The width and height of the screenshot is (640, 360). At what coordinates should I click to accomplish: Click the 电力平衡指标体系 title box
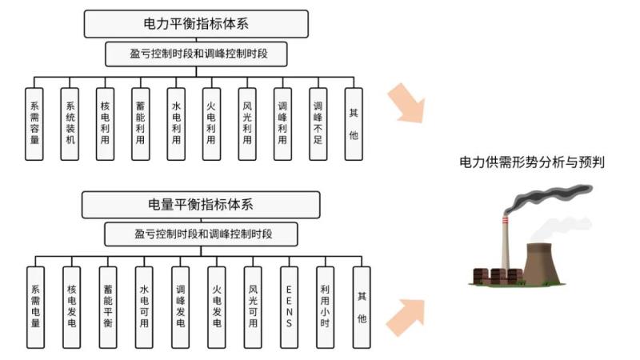coord(196,23)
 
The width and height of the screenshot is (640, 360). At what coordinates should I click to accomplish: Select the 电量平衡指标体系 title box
coord(201,204)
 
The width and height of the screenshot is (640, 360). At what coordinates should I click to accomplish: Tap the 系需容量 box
coord(34,124)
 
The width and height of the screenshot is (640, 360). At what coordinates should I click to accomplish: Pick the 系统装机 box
coord(70,124)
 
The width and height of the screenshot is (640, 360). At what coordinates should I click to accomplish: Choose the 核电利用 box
coord(105,124)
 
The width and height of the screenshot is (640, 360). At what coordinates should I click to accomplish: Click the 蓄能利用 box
coord(140,124)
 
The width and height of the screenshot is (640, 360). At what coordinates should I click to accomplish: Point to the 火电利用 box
coord(211,124)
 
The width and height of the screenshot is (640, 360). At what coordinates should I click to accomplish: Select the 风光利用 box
coord(246,124)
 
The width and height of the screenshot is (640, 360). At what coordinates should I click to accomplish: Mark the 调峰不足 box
coord(318,124)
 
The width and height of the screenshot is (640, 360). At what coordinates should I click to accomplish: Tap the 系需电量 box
coord(35,307)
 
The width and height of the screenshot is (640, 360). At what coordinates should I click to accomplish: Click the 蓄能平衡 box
coord(107,307)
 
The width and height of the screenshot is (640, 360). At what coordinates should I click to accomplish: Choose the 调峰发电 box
coord(180,307)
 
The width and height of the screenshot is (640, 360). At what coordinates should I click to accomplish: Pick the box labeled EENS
coord(289,307)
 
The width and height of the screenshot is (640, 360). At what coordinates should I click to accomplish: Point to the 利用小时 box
coord(324,307)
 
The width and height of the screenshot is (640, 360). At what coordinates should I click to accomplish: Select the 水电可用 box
coord(144,307)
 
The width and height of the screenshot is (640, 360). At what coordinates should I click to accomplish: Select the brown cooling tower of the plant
coord(542,262)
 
